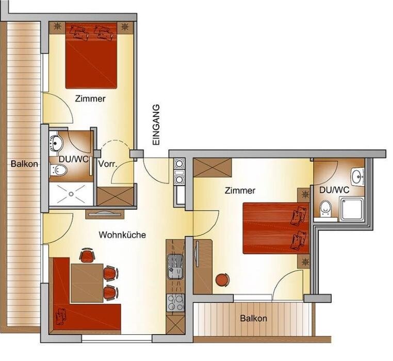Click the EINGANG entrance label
[x=156, y=125]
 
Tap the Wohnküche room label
[x=122, y=235]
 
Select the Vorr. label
[x=107, y=164]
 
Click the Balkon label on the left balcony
[x=24, y=164]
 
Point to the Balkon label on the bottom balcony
[x=253, y=318]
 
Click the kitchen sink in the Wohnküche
[x=175, y=267]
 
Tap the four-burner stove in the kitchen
[x=175, y=303]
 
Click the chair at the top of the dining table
[x=87, y=255]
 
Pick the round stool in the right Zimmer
[x=222, y=280]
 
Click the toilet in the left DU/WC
[x=59, y=170]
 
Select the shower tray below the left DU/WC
[x=71, y=194]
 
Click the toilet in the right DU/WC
[x=325, y=208]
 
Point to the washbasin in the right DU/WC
[x=357, y=177]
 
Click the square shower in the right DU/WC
[x=351, y=209]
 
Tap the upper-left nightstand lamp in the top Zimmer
[x=57, y=27]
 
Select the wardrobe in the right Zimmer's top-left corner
[x=212, y=168]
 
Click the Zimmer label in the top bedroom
[x=90, y=99]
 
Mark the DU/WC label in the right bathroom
[x=334, y=190]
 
